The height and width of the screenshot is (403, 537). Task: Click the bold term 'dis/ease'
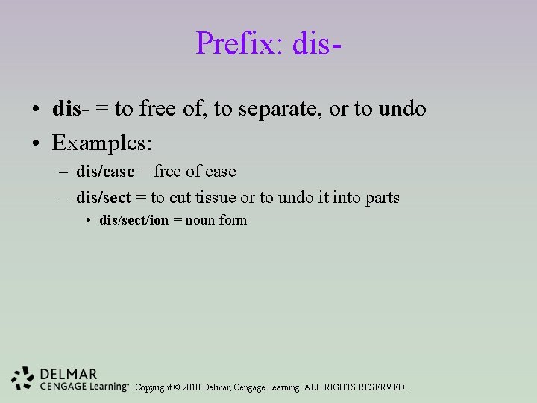105,172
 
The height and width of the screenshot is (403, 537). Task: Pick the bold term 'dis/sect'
104,198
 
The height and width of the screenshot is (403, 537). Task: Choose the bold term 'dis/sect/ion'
134,220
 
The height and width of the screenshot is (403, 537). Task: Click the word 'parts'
382,198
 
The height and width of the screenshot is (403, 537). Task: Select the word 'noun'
200,220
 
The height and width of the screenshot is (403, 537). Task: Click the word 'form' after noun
233,220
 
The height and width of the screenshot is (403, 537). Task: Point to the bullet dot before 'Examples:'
36,140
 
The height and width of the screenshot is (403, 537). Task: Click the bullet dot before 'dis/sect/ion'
88,221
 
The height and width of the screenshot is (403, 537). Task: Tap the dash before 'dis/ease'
63,172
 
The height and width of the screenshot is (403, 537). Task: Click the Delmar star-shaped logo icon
23,378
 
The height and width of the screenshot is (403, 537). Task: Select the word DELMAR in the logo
69,374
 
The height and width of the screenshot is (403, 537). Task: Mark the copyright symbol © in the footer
176,387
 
